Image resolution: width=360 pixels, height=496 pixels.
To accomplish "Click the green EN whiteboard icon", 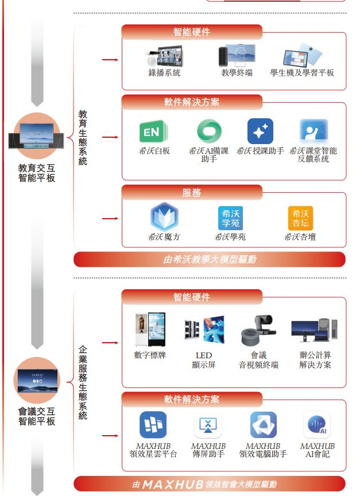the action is [x=152, y=131].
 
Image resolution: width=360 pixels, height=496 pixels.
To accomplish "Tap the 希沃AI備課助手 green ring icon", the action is [x=208, y=131].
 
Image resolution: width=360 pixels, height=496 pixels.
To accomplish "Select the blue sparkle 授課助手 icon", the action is [x=260, y=131].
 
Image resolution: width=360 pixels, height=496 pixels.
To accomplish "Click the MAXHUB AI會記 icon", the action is [x=317, y=425].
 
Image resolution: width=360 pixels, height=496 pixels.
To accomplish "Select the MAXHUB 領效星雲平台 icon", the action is [x=153, y=425].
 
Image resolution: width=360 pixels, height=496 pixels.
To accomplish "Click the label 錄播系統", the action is [x=164, y=73].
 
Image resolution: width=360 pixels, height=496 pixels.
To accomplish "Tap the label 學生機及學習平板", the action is [x=302, y=73].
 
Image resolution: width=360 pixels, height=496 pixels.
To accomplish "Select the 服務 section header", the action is [x=192, y=193].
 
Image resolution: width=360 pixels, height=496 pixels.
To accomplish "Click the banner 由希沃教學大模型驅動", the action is [x=210, y=259].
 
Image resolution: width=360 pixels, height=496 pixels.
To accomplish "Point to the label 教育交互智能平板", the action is [x=37, y=173].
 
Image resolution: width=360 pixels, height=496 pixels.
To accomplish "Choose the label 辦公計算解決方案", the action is [x=315, y=360].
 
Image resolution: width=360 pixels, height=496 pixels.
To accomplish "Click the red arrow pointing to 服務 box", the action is [x=110, y=219].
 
